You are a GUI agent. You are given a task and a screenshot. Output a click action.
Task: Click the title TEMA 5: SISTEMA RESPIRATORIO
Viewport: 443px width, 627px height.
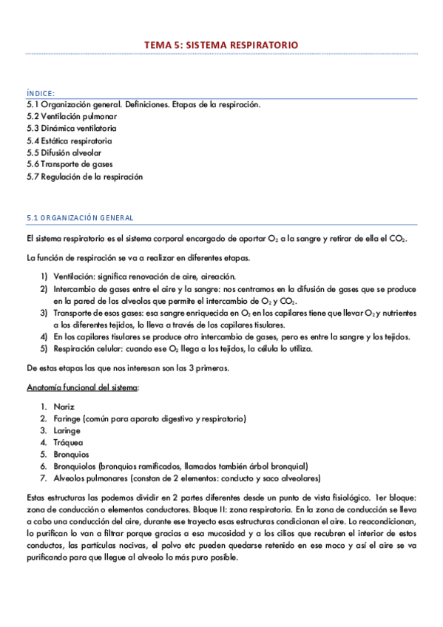pyautogui.click(x=221, y=45)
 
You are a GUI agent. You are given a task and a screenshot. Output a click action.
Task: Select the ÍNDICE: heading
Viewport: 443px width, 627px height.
pyautogui.click(x=41, y=93)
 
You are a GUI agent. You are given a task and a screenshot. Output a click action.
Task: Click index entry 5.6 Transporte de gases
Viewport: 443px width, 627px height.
pyautogui.click(x=69, y=164)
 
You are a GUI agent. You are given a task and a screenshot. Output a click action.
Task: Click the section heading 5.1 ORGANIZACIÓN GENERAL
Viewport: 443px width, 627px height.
pyautogui.click(x=80, y=218)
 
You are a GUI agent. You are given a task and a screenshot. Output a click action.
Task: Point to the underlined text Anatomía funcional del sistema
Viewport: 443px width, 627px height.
pyautogui.click(x=82, y=387)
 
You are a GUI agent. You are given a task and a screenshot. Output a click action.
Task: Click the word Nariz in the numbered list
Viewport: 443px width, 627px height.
pyautogui.click(x=64, y=407)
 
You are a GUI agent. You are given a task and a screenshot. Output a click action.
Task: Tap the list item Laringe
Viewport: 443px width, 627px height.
pyautogui.click(x=68, y=431)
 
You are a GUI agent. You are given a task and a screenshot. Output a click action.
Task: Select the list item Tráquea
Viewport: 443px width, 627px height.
pyautogui.click(x=68, y=443)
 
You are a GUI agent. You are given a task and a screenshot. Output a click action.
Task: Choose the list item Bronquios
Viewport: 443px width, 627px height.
pyautogui.click(x=72, y=455)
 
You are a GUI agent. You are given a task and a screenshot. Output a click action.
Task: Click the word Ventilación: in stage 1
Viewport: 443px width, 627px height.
pyautogui.click(x=77, y=276)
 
